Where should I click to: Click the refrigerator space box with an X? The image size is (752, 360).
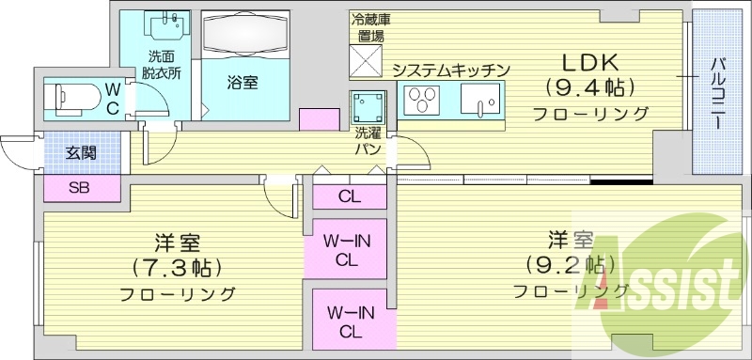[367, 60]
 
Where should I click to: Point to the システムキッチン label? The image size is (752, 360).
[450, 70]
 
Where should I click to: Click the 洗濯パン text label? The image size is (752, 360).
[367, 140]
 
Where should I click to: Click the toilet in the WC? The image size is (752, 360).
[72, 94]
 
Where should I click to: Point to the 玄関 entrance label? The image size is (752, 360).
[79, 153]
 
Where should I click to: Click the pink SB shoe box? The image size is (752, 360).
[81, 187]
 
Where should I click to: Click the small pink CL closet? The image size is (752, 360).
[349, 196]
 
